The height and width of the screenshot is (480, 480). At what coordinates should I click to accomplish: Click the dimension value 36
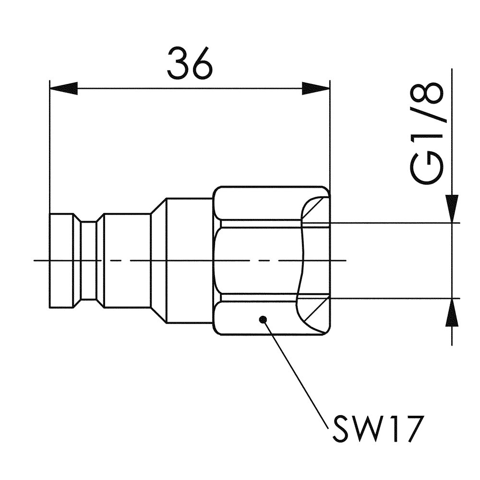pyautogui.click(x=190, y=63)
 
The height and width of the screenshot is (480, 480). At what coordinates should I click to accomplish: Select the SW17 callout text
pyautogui.click(x=376, y=429)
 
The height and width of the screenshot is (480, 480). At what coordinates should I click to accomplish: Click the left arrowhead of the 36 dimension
pyautogui.click(x=63, y=88)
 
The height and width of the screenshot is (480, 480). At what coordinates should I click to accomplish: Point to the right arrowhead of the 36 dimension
pyautogui.click(x=316, y=88)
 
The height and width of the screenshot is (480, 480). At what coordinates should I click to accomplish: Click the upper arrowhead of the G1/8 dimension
pyautogui.click(x=452, y=209)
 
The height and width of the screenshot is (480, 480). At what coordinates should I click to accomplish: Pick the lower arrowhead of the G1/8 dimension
pyautogui.click(x=452, y=312)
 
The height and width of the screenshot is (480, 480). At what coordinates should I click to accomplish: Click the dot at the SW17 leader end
pyautogui.click(x=263, y=320)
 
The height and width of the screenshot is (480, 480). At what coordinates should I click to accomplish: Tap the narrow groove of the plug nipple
pyautogui.click(x=89, y=261)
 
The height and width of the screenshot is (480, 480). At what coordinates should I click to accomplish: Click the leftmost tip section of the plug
pyautogui.click(x=61, y=261)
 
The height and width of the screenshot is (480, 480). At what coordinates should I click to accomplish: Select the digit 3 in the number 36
pyautogui.click(x=178, y=63)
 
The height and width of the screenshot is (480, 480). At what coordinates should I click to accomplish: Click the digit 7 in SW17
pyautogui.click(x=414, y=429)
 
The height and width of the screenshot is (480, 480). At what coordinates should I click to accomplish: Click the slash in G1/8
pyautogui.click(x=426, y=120)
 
